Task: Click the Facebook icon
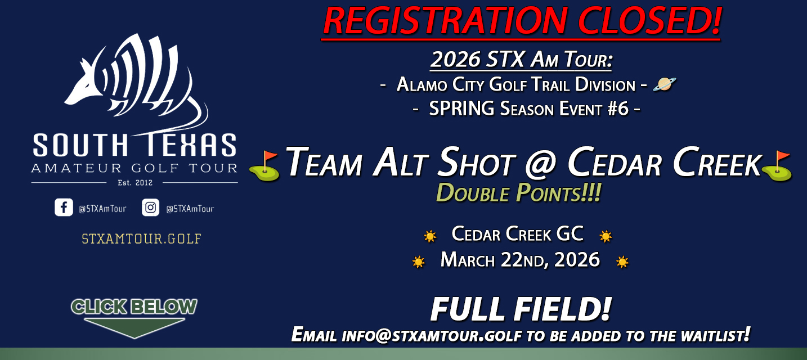(64, 208)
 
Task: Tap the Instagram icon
(150, 208)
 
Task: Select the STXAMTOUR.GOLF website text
(141, 238)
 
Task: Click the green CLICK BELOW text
(134, 307)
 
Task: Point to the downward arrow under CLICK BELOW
(134, 328)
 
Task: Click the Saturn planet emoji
(664, 84)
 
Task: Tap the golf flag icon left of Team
(264, 166)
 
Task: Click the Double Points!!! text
(518, 193)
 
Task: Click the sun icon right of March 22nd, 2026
(622, 262)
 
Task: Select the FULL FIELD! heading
(521, 309)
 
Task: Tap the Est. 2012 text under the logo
(134, 183)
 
